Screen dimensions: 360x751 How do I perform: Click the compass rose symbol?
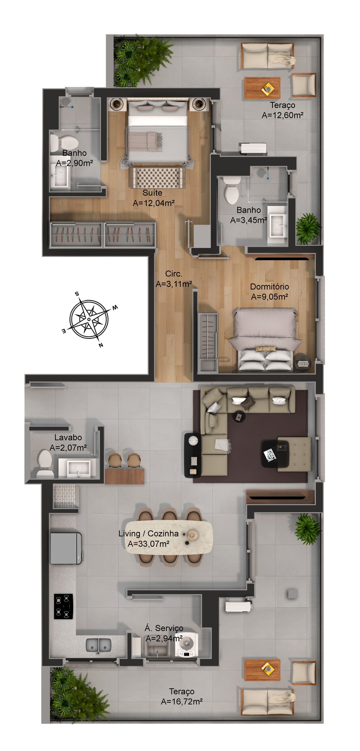(x=89, y=319)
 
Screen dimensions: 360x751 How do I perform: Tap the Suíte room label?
(x=152, y=193)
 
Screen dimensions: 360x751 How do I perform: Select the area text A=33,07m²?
(x=148, y=544)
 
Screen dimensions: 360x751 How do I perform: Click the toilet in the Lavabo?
(x=45, y=464)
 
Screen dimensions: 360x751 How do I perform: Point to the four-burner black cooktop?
(x=63, y=606)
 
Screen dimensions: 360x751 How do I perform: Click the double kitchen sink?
(x=99, y=645)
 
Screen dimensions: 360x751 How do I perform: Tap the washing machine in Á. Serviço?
(x=187, y=644)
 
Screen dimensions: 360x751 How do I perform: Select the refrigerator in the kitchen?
(x=66, y=548)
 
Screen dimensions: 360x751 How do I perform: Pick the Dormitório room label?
(x=269, y=286)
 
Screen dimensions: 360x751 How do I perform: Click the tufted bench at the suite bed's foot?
(x=158, y=177)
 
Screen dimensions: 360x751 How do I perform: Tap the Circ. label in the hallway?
(x=174, y=274)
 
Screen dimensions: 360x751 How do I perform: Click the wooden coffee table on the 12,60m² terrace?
(x=262, y=88)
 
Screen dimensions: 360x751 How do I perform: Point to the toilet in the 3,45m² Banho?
(x=232, y=190)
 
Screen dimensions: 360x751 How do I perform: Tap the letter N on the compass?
(x=101, y=345)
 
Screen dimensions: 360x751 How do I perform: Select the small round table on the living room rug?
(x=239, y=417)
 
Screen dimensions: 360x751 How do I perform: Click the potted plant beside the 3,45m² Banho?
(x=308, y=228)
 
